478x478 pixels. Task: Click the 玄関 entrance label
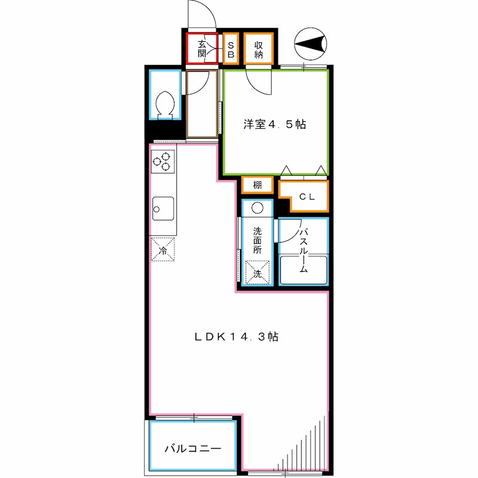pos(203,48)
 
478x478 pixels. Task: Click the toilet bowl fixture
pos(164,105)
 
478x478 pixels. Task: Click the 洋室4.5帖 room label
pos(274,125)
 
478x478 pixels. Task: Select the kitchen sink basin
pos(162,209)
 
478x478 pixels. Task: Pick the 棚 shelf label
pos(257,185)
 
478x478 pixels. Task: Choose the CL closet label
pos(307,196)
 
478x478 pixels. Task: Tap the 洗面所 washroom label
pos(257,241)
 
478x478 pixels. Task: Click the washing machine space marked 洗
pos(257,273)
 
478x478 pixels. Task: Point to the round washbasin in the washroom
pos(257,208)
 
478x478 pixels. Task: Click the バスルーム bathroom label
pos(303,250)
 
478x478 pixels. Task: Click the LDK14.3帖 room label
pos(237,336)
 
